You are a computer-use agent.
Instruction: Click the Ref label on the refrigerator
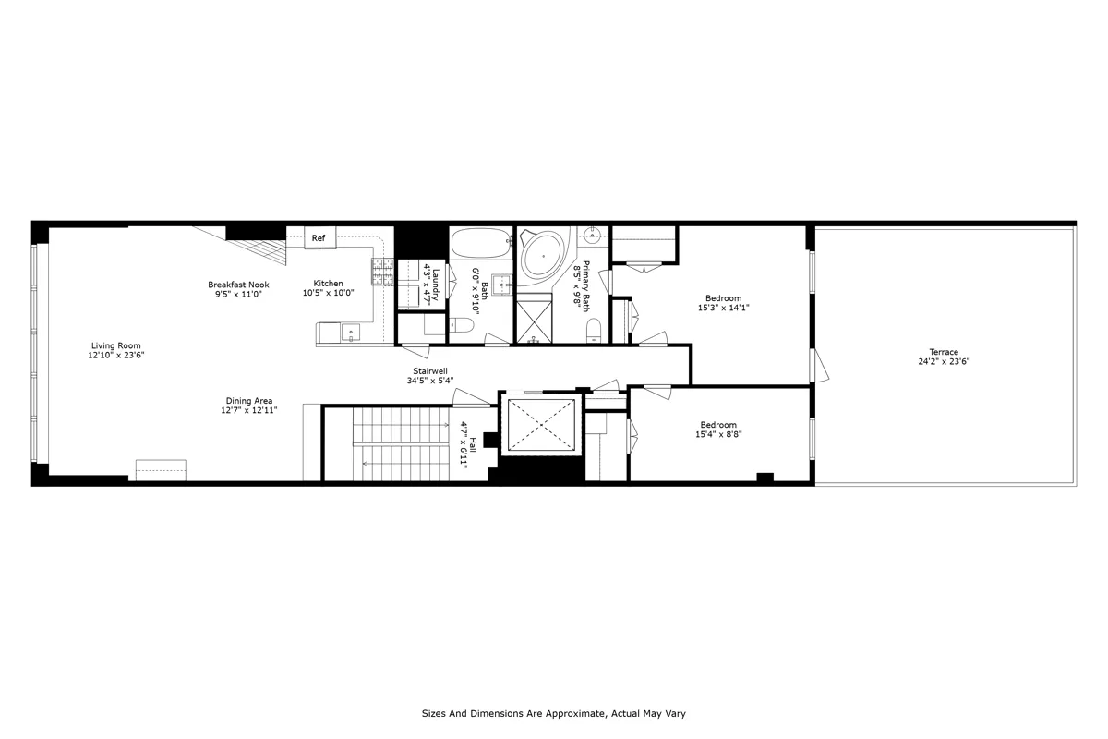tap(319, 238)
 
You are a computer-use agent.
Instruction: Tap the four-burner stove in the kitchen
tap(383, 270)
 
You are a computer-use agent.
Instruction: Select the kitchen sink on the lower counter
tap(350, 332)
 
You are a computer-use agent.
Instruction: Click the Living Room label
tap(116, 345)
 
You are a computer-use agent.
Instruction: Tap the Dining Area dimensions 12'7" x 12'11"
tap(249, 410)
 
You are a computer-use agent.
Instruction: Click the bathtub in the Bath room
tap(480, 244)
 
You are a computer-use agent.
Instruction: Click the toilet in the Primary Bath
tap(594, 330)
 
